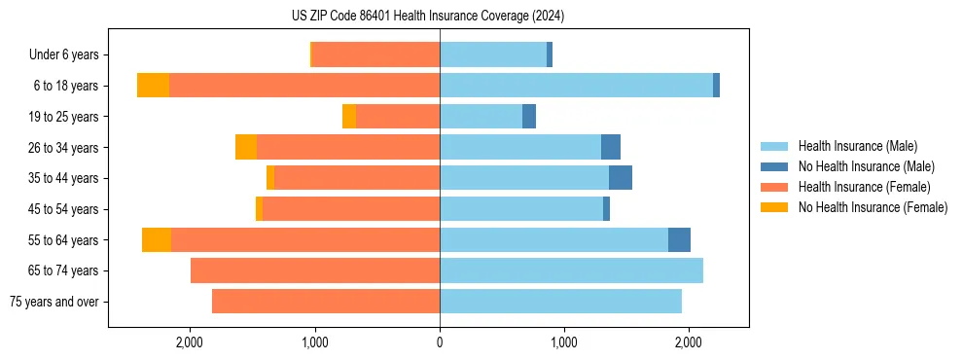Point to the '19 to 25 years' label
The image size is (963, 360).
click(x=63, y=117)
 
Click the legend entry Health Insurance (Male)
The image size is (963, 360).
click(x=857, y=146)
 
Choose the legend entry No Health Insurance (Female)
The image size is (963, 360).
click(x=873, y=207)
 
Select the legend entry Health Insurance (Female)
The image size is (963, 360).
click(x=865, y=187)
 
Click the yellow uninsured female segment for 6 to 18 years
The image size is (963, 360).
click(x=153, y=86)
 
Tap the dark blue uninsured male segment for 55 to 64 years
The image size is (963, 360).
click(x=679, y=239)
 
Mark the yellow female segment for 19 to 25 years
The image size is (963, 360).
click(x=349, y=117)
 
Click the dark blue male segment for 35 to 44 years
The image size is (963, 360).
click(x=621, y=178)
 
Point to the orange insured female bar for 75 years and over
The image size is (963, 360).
click(x=326, y=302)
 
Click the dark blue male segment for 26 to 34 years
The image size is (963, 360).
click(x=611, y=147)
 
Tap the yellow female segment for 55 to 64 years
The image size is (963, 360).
click(x=157, y=239)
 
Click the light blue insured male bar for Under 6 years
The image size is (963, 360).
click(x=493, y=54)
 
